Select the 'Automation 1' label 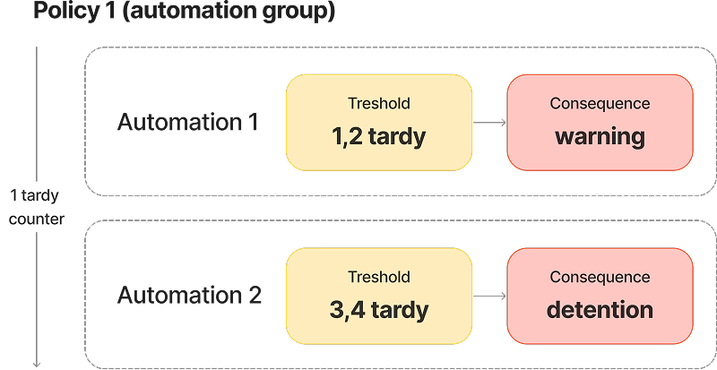pyautogui.click(x=188, y=122)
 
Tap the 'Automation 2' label pyautogui.click(x=189, y=295)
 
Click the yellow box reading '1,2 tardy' pyautogui.click(x=379, y=122)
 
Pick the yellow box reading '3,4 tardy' pyautogui.click(x=379, y=296)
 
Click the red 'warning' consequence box pyautogui.click(x=600, y=122)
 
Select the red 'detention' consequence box pyautogui.click(x=600, y=296)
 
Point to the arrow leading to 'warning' pyautogui.click(x=489, y=123)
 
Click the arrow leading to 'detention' pyautogui.click(x=489, y=297)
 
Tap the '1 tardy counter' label pyautogui.click(x=37, y=206)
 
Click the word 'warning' pyautogui.click(x=600, y=137)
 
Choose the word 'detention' pyautogui.click(x=600, y=311)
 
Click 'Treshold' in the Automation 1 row pyautogui.click(x=379, y=104)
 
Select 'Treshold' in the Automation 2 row pyautogui.click(x=379, y=278)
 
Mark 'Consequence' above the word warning pyautogui.click(x=600, y=104)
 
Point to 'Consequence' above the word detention pyautogui.click(x=600, y=278)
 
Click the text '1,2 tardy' pyautogui.click(x=379, y=137)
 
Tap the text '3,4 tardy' pyautogui.click(x=379, y=311)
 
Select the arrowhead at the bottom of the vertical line pyautogui.click(x=37, y=363)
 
